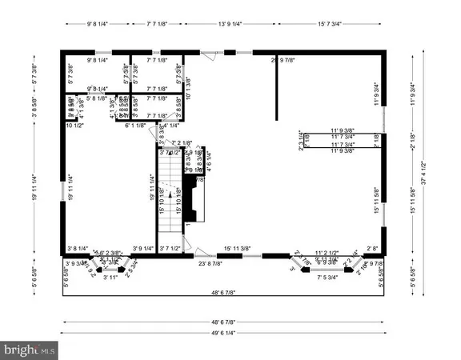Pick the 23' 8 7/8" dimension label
coord(210,262)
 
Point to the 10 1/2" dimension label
coord(75,125)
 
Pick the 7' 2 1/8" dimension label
coord(181,142)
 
